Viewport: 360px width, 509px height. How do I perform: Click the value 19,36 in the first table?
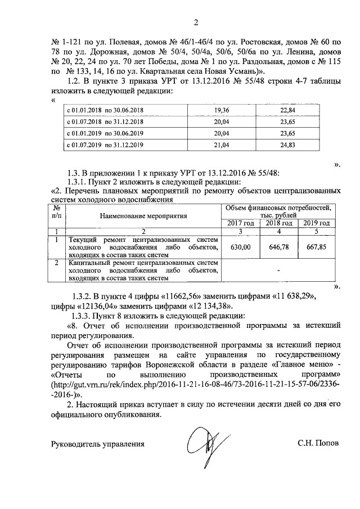222,110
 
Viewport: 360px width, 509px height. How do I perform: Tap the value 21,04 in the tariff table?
222,145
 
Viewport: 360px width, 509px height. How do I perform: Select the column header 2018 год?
278,223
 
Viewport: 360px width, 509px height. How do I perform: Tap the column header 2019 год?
316,223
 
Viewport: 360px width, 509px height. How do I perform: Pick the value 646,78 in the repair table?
278,247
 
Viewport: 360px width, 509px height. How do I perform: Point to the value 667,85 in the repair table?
316,247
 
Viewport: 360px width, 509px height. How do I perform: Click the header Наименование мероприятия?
143,216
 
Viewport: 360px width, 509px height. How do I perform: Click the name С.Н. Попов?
319,443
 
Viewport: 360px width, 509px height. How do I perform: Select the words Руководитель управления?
97,443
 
